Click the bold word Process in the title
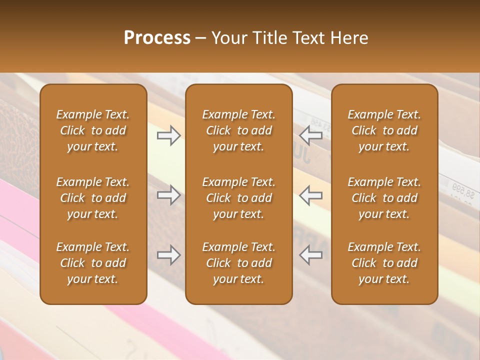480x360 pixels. coord(157,38)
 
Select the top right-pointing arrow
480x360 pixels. coord(169,135)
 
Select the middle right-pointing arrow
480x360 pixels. coord(169,195)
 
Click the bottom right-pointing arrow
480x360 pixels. coord(169,255)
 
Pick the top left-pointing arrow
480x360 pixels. coord(311,135)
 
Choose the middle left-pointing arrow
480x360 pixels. coord(311,195)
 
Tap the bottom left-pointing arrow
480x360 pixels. coord(311,255)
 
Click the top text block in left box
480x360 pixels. coord(93,130)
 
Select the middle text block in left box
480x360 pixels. coord(93,198)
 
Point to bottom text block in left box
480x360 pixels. coord(93,263)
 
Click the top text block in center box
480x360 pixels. coord(238,130)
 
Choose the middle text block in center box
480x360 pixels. coord(238,198)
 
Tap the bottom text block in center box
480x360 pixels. coord(238,263)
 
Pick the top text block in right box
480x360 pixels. coord(384,130)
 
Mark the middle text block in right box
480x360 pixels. coord(384,198)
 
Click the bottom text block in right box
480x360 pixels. coord(384,263)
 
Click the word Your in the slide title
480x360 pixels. coord(228,38)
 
